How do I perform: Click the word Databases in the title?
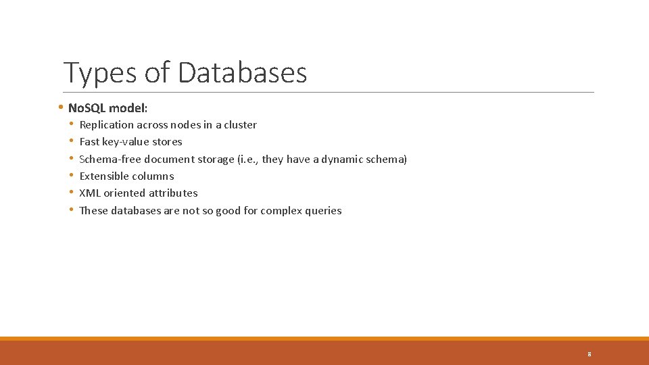(x=243, y=72)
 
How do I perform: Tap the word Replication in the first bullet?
(x=107, y=124)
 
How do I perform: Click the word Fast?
(x=89, y=141)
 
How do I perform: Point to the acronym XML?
(x=90, y=193)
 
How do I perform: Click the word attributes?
(x=173, y=193)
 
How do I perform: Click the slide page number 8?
(x=590, y=354)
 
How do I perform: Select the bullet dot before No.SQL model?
(x=60, y=107)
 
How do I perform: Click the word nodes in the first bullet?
(x=185, y=124)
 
